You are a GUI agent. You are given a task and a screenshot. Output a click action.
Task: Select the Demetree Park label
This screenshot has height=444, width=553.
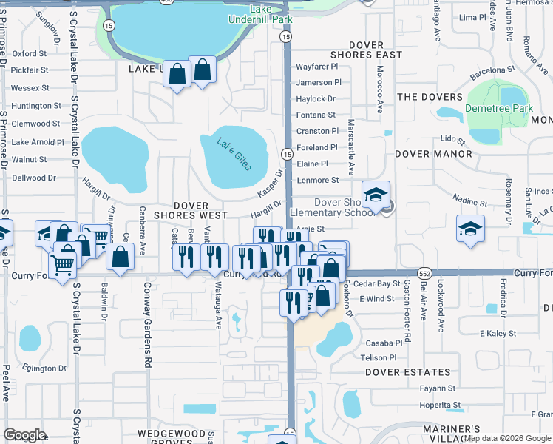tap(498, 108)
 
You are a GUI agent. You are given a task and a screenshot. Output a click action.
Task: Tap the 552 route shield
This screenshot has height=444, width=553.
tap(424, 273)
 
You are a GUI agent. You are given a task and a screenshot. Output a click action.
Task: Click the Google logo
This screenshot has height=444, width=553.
tap(25, 435)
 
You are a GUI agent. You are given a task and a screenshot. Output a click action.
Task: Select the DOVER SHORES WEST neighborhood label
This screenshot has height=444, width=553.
tap(190, 210)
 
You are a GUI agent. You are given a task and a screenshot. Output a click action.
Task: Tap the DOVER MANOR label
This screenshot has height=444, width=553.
tap(433, 154)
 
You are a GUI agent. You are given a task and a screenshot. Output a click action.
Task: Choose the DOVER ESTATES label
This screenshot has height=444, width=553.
tap(407, 372)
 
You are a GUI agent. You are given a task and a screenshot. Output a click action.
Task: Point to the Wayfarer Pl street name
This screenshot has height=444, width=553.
tap(318, 67)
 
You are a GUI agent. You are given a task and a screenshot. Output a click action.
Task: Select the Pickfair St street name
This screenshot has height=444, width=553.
tap(30, 70)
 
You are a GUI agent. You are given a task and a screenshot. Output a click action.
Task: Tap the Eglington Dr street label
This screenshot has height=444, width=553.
tap(44, 368)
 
